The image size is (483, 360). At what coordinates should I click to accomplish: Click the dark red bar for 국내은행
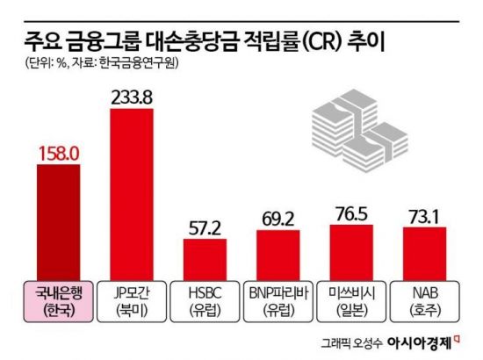(x=58, y=220)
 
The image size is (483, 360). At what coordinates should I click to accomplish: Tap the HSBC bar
(x=205, y=256)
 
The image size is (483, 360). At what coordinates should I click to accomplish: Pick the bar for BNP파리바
(x=278, y=252)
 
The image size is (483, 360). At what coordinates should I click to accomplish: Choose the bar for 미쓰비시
(x=351, y=249)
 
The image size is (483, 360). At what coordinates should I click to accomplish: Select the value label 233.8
(x=132, y=94)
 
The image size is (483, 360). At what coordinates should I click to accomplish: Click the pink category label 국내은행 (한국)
(x=58, y=299)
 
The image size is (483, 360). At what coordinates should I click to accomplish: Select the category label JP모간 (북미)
(x=132, y=299)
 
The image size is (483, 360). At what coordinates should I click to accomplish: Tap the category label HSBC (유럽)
(x=205, y=299)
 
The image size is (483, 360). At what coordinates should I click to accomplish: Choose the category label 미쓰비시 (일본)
(x=351, y=299)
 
